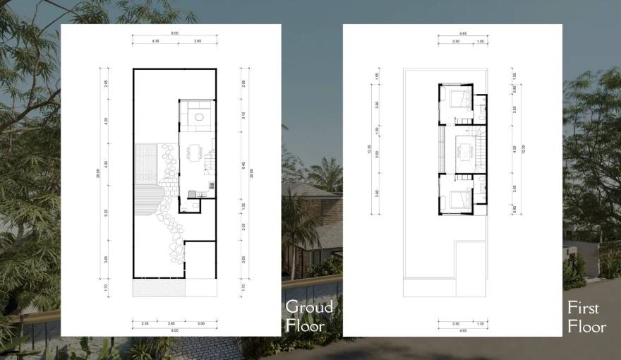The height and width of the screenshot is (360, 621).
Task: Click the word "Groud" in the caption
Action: point(309,307)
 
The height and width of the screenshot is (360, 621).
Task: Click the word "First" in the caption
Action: point(583,308)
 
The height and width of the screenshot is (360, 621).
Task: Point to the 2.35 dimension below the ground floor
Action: point(145,323)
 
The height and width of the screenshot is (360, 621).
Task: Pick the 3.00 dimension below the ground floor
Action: point(201,323)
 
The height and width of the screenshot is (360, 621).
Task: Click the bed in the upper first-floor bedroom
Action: point(457,97)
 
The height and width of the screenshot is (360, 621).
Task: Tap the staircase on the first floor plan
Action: point(482,149)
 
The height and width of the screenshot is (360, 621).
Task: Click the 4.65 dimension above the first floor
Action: point(462,33)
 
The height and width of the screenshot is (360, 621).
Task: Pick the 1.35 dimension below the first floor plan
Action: point(481,323)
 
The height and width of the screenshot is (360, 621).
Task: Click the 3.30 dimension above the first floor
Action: point(455,42)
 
